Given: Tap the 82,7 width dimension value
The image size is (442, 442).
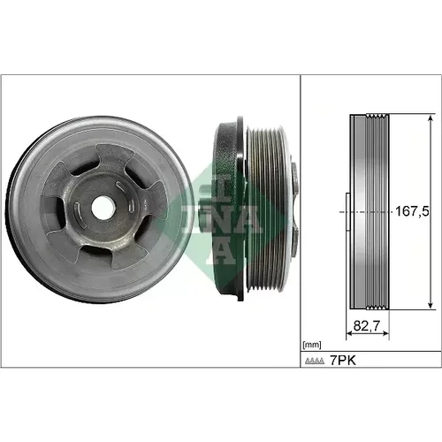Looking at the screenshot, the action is point(367,325).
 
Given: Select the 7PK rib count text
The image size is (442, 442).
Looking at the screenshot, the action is point(343,360).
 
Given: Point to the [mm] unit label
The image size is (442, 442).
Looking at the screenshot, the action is point(312,345).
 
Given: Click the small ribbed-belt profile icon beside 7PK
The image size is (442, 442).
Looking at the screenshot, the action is point(315,361).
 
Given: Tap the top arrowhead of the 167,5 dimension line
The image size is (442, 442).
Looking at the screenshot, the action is point(431,119).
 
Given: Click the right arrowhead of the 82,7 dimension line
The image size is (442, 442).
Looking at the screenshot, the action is point(385,333).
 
